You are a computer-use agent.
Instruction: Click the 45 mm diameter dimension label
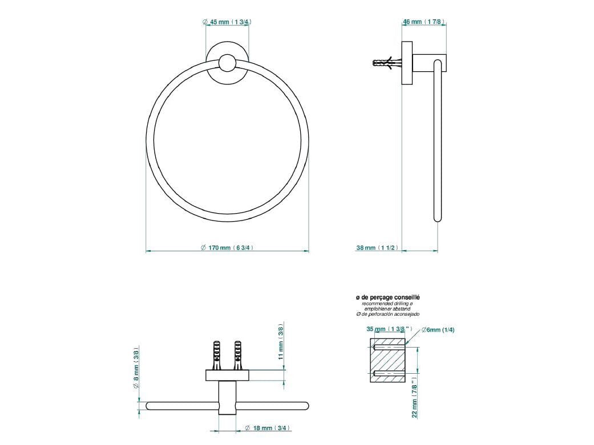228,22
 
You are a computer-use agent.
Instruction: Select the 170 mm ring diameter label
227,248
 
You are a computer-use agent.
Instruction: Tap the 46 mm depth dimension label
423,22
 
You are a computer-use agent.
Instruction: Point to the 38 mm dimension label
377,248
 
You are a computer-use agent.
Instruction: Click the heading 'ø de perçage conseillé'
387,297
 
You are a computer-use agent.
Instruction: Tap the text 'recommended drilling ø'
387,304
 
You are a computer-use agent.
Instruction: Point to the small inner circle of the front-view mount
227,63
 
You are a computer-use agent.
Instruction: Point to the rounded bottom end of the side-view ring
438,217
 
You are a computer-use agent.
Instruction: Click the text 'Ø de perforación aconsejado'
387,315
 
